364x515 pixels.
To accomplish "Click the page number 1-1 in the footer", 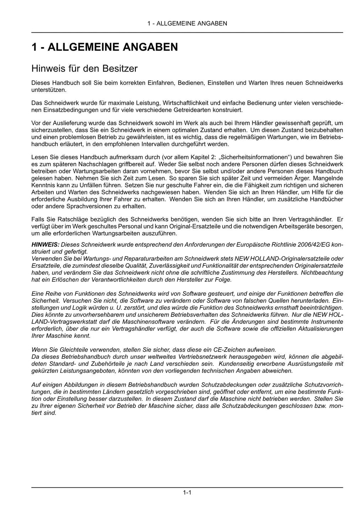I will pyautogui.click(x=187, y=493).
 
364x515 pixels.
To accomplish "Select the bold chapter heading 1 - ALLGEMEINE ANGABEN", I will pyautogui.click(x=105, y=47).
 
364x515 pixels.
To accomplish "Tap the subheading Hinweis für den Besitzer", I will pyautogui.click(x=84, y=68).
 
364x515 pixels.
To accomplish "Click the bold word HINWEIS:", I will pyautogui.click(x=45, y=245).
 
